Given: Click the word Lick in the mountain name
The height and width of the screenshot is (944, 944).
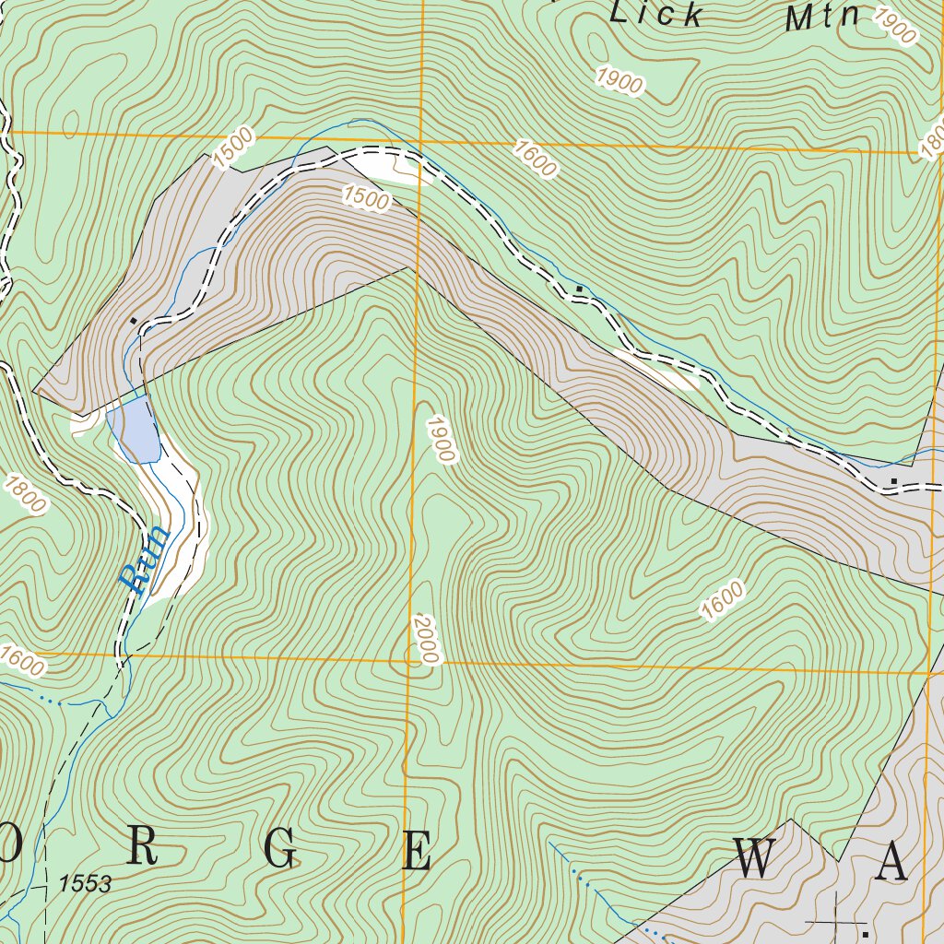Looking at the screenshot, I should coord(658,13).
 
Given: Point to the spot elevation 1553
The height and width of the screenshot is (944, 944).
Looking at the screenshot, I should coord(84,884).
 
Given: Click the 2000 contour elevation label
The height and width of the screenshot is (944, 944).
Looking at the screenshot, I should coord(425,639).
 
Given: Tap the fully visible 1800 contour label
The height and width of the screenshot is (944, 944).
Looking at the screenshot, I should coord(25,494).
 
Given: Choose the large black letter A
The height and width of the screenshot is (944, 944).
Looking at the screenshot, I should coord(891,862).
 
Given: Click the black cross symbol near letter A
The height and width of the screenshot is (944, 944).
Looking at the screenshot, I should coord(834,920).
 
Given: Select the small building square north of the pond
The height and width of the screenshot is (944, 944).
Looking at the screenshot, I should coord(135,320).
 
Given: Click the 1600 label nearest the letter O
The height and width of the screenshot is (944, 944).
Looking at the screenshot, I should coord(22,659).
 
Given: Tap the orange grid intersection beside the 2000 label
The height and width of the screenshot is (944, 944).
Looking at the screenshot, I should coord(408,661).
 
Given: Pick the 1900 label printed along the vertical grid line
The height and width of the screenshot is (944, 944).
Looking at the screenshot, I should coord(440,439).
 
